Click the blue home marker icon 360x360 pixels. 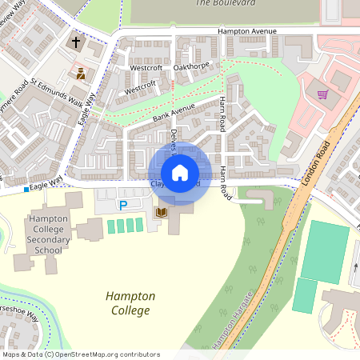180,173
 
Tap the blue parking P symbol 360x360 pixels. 123,206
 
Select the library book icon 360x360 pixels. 162,212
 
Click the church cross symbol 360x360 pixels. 77,42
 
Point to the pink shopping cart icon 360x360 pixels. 322,94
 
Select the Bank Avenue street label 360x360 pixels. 174,112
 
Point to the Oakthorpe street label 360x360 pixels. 190,66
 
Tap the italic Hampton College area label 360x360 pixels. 128,303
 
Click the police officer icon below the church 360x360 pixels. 81,74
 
